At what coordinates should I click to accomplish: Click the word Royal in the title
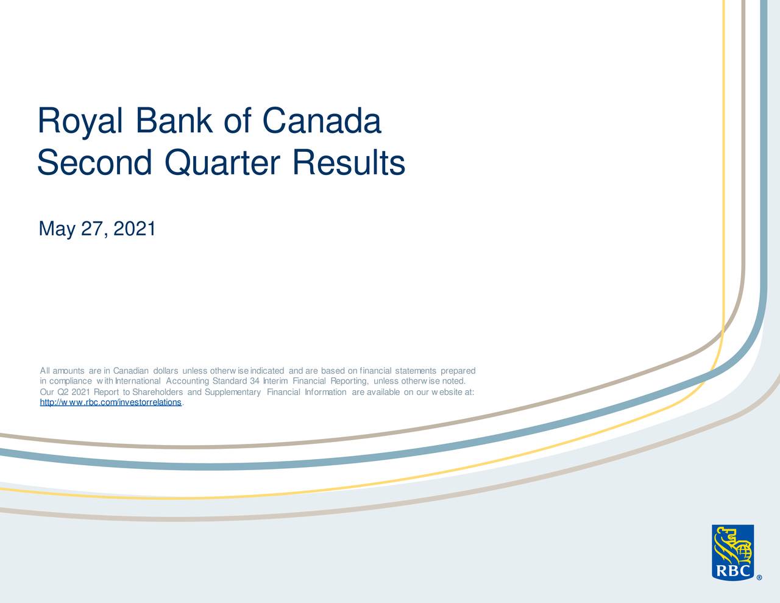[x=80, y=121]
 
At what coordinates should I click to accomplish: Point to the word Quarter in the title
[x=222, y=163]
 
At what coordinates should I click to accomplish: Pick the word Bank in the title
[x=174, y=121]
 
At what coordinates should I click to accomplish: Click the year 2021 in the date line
[x=135, y=229]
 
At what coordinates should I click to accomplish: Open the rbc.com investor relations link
[x=110, y=402]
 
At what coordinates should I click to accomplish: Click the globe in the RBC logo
[x=742, y=552]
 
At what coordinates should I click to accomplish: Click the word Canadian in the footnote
[x=130, y=371]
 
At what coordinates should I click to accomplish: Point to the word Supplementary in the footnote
[x=233, y=393]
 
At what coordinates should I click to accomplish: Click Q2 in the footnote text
[x=63, y=392]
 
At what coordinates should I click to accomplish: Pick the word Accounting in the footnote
[x=187, y=382]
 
